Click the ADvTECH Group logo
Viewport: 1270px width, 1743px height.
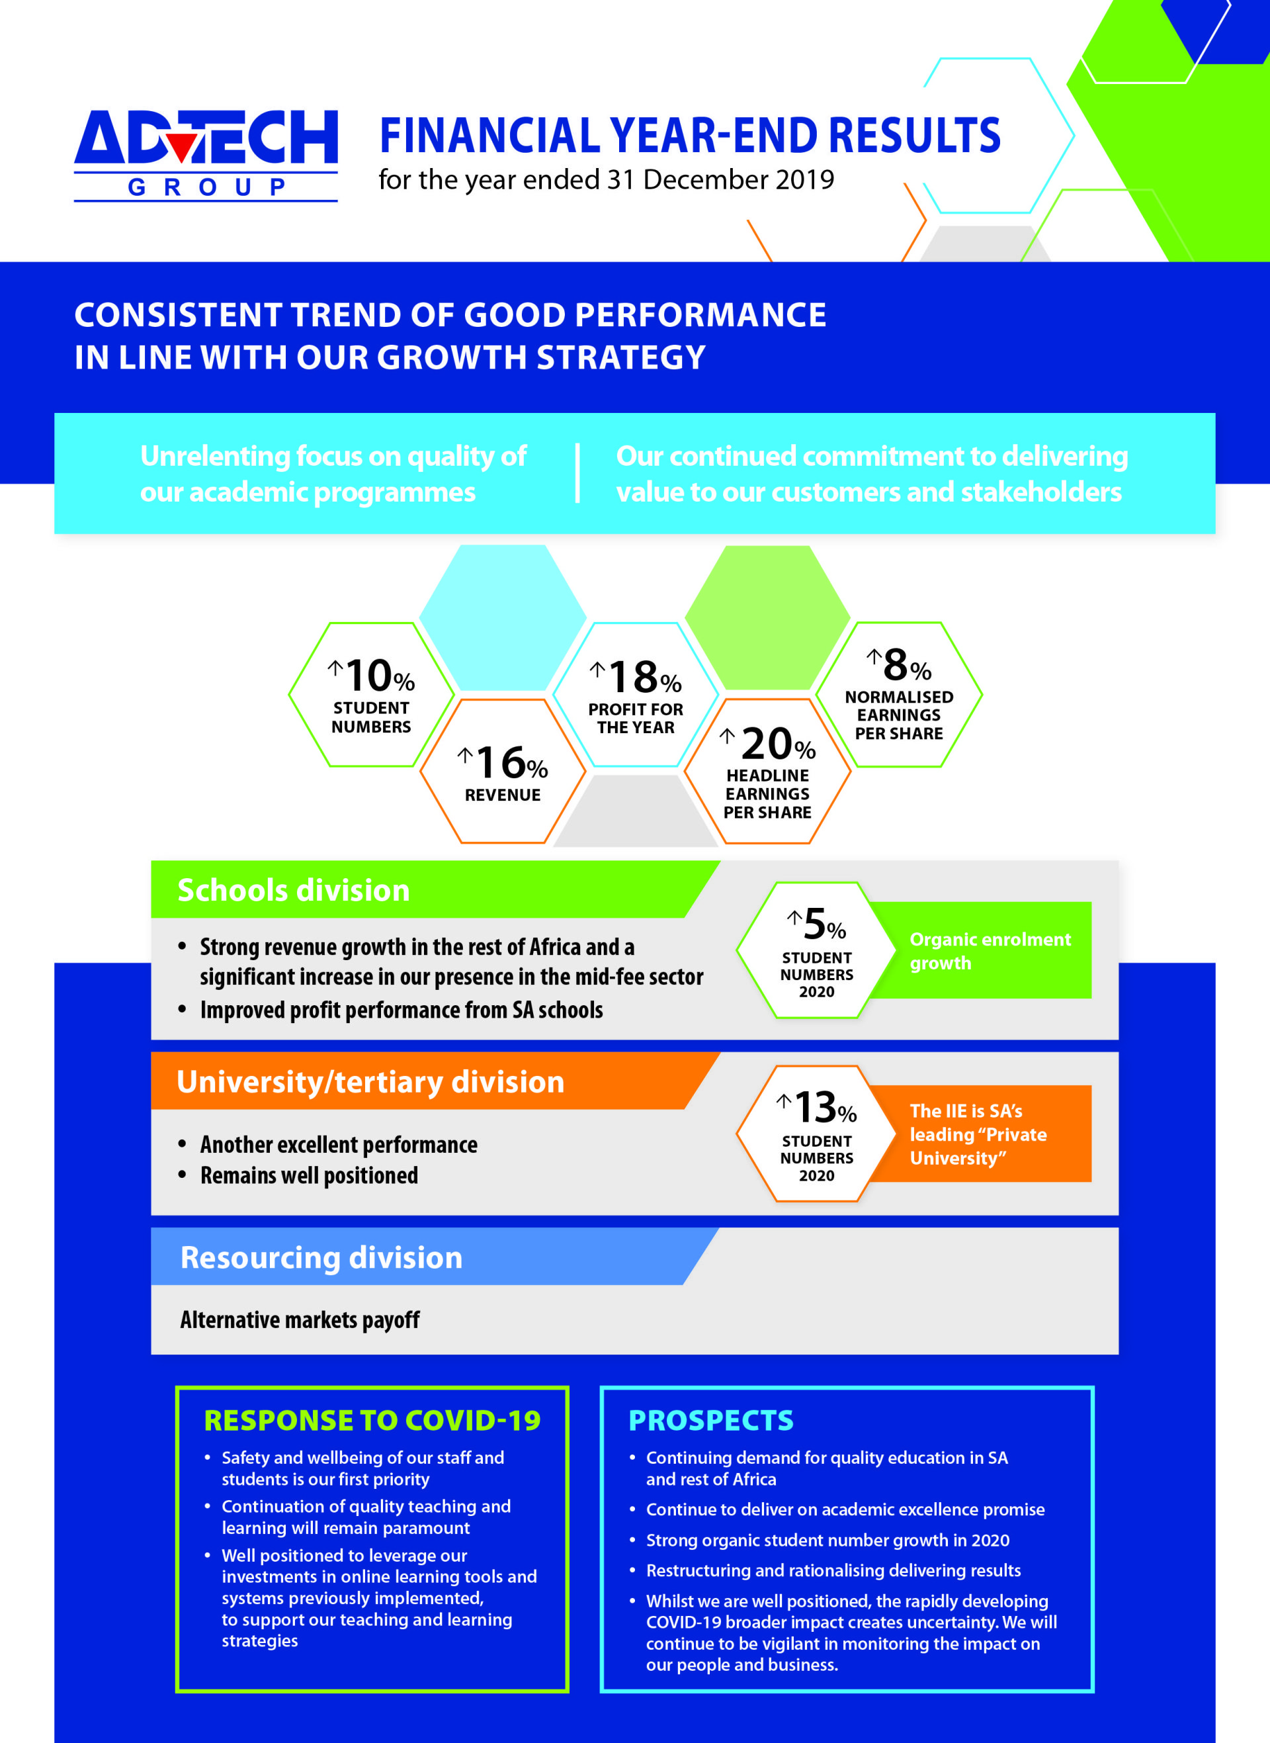click(205, 154)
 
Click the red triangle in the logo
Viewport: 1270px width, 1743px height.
click(181, 147)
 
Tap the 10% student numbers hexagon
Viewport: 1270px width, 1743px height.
click(371, 694)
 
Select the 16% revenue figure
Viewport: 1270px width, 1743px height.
click(503, 771)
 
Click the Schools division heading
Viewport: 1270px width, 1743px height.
click(294, 889)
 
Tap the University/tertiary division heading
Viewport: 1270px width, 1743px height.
click(370, 1081)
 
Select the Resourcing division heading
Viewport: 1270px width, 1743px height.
click(321, 1257)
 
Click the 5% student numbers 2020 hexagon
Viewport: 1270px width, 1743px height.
click(816, 950)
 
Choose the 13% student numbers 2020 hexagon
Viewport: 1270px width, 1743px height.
click(816, 1134)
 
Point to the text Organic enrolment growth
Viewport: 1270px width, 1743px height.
click(990, 951)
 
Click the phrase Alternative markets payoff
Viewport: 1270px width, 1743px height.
click(300, 1320)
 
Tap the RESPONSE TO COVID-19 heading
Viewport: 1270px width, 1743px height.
click(372, 1420)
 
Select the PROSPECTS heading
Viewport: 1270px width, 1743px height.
click(710, 1420)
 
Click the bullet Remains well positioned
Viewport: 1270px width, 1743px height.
click(309, 1176)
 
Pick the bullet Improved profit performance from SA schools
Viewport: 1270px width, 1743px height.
click(402, 1010)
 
